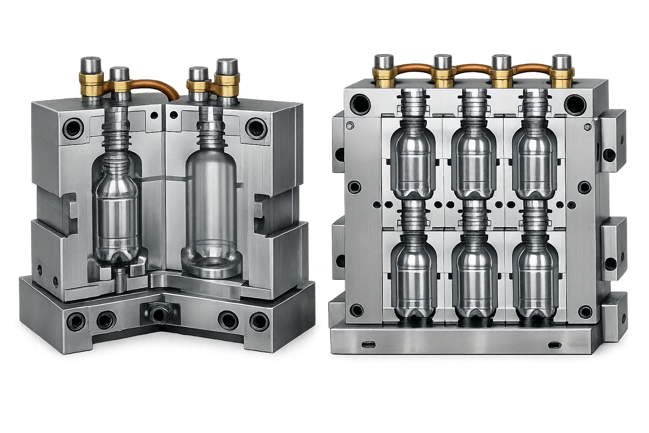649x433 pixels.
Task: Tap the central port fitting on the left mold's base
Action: coord(159,314)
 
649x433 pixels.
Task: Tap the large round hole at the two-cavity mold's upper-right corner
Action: coord(255,127)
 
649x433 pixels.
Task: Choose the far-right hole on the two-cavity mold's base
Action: coord(257,320)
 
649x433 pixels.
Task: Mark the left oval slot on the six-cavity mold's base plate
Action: coord(369,344)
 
